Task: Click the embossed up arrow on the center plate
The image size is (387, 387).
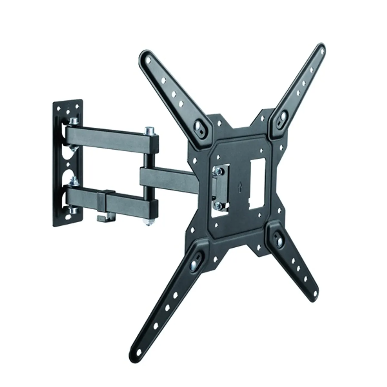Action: [239, 186]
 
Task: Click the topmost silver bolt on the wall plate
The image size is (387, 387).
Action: [73, 121]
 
